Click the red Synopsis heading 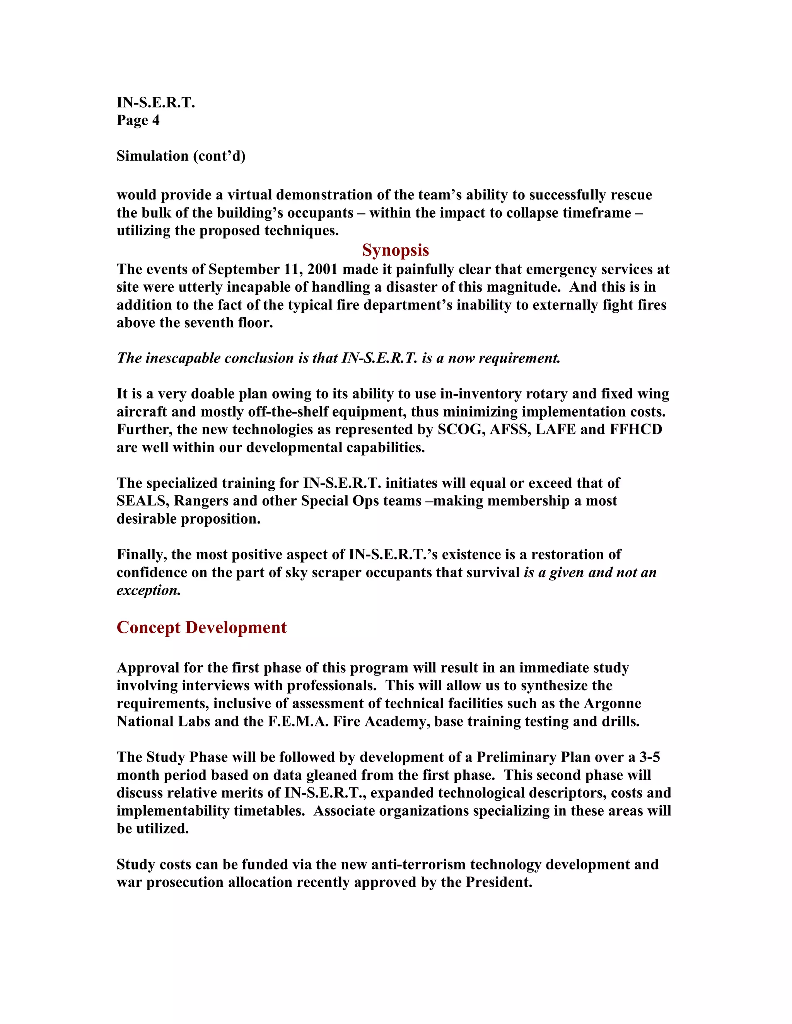click(x=396, y=250)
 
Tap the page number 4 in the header click(x=156, y=121)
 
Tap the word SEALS click(x=142, y=501)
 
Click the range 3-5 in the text click(x=649, y=757)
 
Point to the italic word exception click(x=148, y=590)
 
